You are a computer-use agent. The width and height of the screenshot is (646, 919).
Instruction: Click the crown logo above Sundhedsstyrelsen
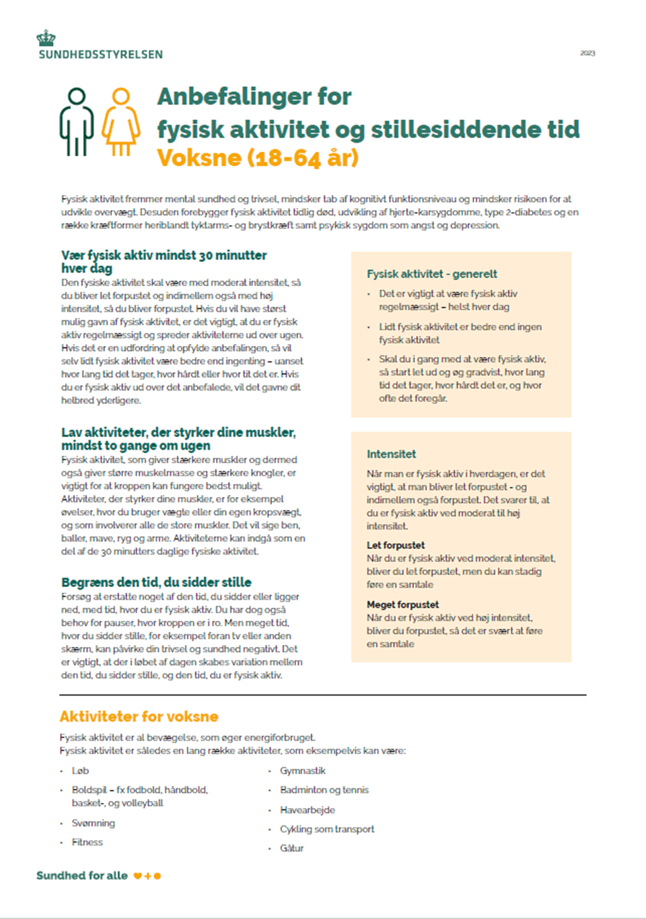click(46, 38)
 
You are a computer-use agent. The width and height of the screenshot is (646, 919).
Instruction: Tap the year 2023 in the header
click(587, 53)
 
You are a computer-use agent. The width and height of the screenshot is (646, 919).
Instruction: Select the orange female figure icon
click(121, 122)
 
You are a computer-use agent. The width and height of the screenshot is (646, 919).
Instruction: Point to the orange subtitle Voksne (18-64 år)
click(258, 158)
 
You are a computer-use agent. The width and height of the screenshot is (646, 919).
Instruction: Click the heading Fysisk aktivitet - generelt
click(432, 274)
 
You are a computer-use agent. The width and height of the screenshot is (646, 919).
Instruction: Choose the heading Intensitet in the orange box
click(391, 454)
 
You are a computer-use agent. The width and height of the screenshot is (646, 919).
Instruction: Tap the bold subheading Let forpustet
click(396, 545)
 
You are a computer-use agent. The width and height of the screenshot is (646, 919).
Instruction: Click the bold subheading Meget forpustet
click(402, 605)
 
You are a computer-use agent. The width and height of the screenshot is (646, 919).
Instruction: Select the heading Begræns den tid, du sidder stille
click(156, 582)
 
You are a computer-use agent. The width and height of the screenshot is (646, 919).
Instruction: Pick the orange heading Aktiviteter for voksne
click(139, 716)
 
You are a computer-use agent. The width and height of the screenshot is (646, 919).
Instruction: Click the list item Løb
click(80, 771)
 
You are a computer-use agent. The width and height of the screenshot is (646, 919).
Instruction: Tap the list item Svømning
click(93, 823)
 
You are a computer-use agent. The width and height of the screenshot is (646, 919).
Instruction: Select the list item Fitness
click(87, 842)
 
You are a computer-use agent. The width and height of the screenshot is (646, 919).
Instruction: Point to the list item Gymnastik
click(302, 771)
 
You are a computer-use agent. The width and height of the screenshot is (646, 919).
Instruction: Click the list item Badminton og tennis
click(324, 790)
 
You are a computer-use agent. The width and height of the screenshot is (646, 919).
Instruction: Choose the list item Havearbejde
click(308, 810)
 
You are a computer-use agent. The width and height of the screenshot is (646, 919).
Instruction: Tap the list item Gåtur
click(292, 848)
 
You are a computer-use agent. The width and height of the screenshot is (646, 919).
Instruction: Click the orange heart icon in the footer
click(137, 876)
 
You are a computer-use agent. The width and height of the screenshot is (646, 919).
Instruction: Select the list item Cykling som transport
click(327, 829)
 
